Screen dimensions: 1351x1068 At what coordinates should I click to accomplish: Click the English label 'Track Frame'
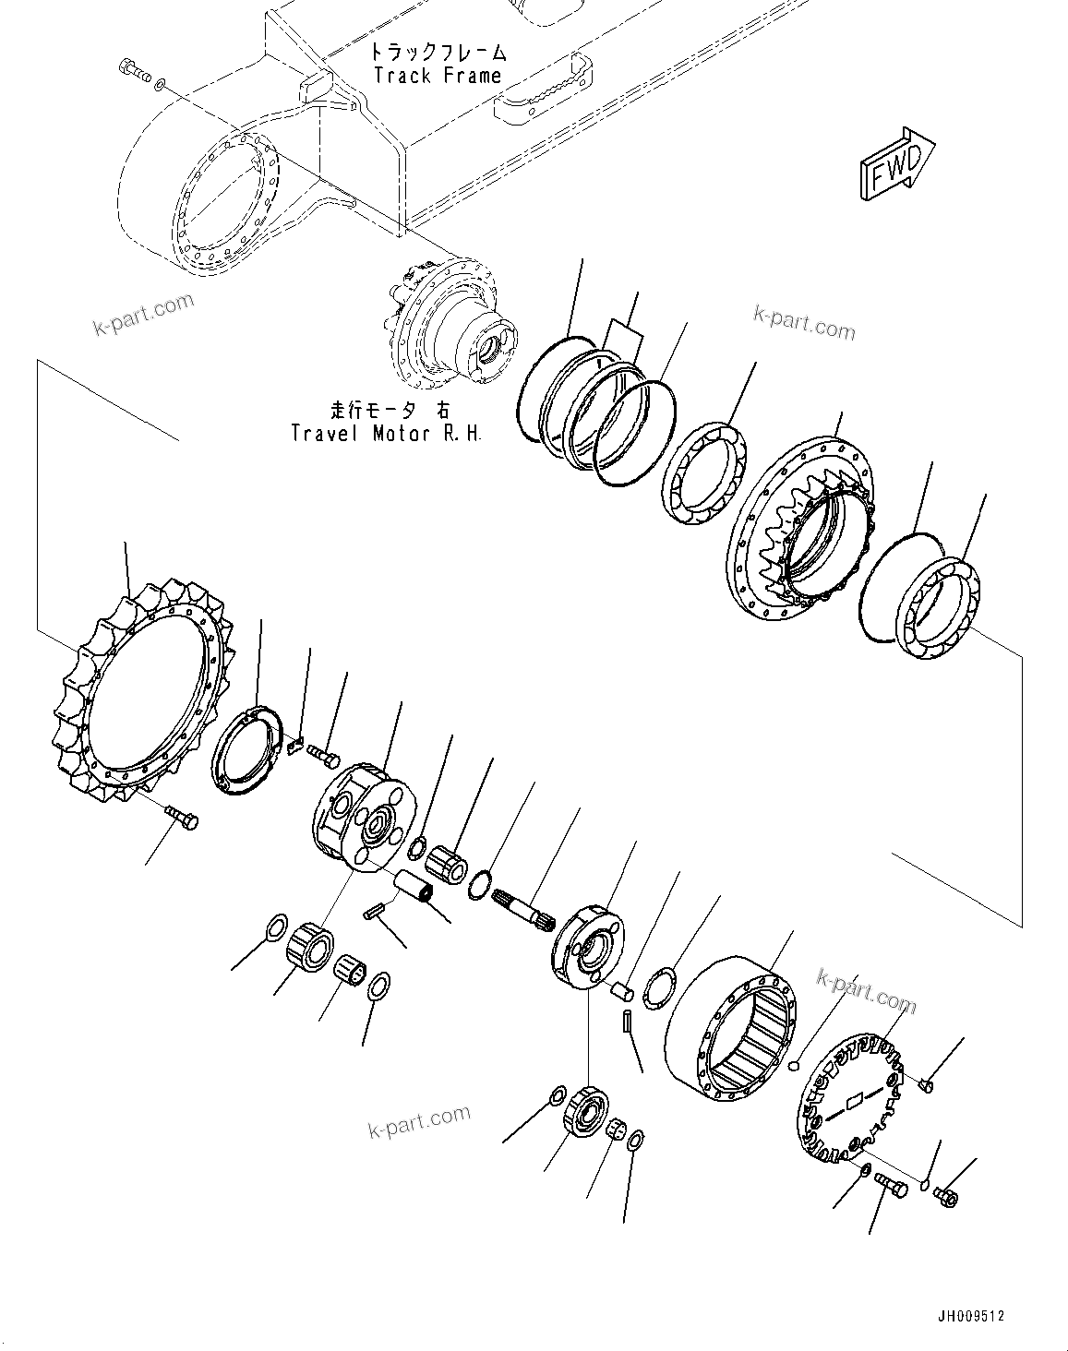coord(438,76)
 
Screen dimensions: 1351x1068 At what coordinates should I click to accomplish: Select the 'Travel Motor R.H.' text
coord(386,432)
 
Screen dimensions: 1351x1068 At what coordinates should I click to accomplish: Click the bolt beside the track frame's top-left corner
coord(134,70)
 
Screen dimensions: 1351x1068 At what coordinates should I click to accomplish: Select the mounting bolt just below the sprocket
coord(181,816)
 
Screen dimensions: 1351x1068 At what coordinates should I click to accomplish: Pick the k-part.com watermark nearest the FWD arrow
coord(804,324)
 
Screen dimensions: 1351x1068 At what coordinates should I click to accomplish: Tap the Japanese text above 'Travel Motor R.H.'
coord(386,409)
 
